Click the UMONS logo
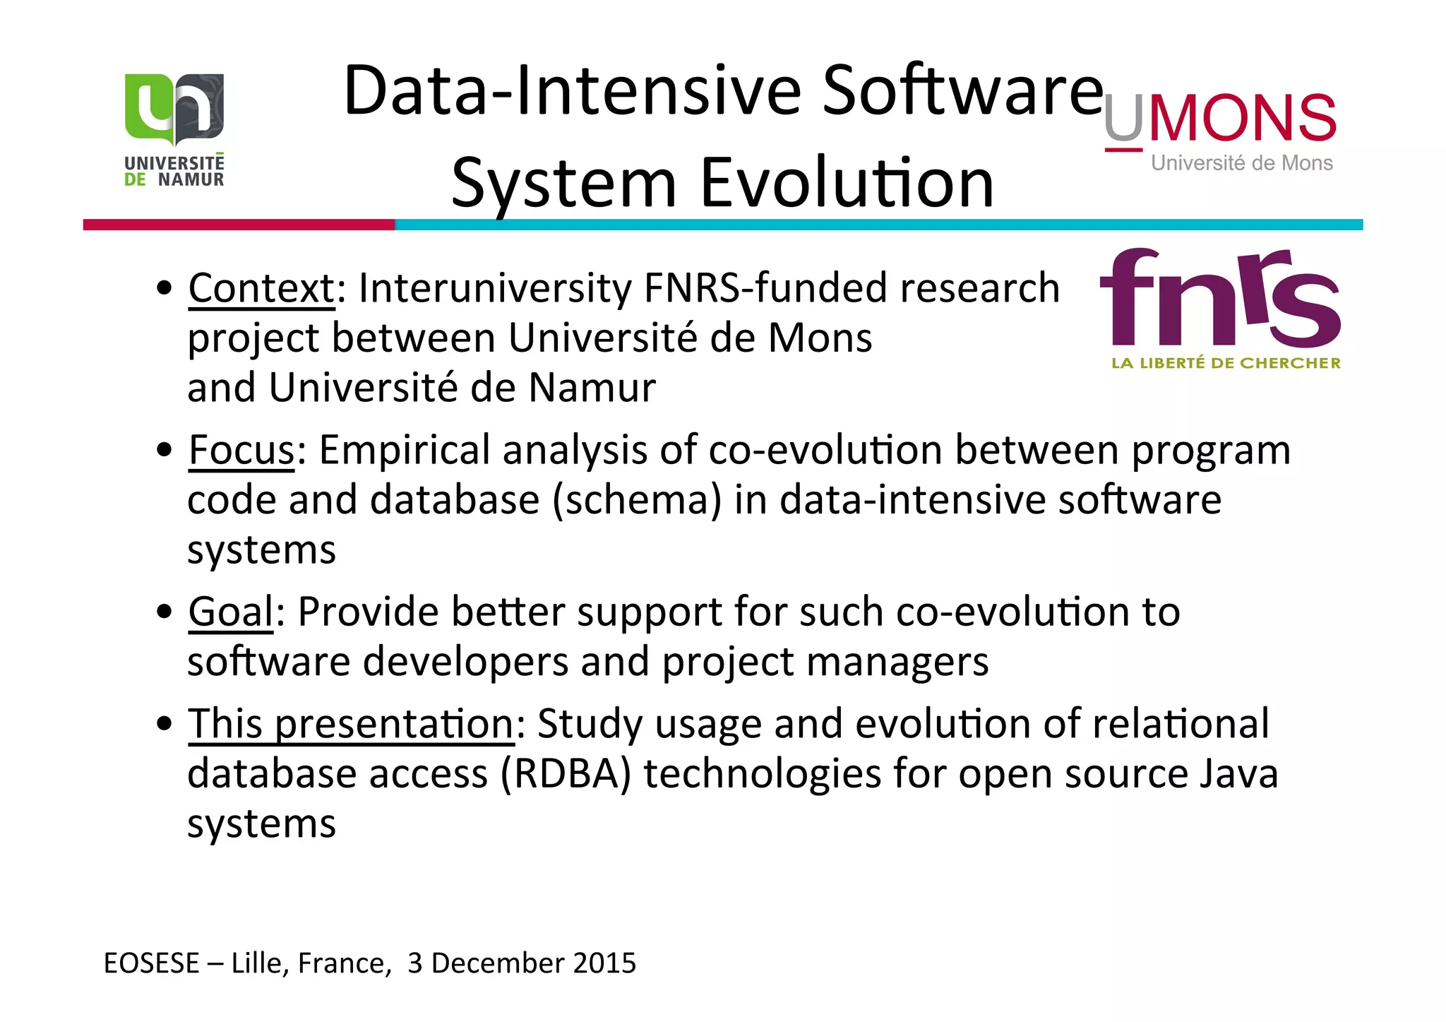pos(1220,130)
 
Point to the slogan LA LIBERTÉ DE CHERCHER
pos(1226,363)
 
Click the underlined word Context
pos(262,288)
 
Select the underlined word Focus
pos(241,450)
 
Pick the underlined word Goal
pos(231,612)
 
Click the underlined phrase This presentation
pos(351,724)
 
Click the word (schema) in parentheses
pos(637,500)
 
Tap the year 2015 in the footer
pos(604,963)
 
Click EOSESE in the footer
pos(152,963)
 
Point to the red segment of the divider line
pos(239,225)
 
